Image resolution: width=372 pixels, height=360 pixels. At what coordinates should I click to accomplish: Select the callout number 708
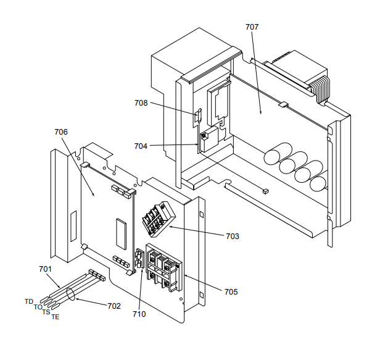point(141,103)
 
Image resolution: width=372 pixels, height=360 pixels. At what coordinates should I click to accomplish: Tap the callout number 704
point(141,146)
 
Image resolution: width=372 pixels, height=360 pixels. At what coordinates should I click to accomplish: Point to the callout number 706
point(61,132)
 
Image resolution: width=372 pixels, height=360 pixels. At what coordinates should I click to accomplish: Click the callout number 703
point(233,236)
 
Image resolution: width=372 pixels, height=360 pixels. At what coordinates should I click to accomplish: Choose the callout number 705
point(231,291)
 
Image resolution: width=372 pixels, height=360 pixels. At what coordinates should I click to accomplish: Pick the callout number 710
point(139,314)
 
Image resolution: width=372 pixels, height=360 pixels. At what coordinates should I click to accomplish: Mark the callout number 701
point(45,269)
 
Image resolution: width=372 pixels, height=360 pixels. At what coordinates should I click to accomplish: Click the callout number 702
point(114,306)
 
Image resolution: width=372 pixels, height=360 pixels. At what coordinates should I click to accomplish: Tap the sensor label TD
point(29,301)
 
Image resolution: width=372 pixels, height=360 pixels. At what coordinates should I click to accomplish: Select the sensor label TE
point(56,317)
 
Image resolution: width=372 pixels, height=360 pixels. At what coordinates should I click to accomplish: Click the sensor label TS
point(46,312)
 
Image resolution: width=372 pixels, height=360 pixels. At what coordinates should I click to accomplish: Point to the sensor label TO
point(38,307)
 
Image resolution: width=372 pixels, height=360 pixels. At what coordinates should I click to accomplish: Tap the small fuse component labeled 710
point(139,259)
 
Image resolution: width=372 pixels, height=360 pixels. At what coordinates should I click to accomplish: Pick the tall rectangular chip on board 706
point(121,230)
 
